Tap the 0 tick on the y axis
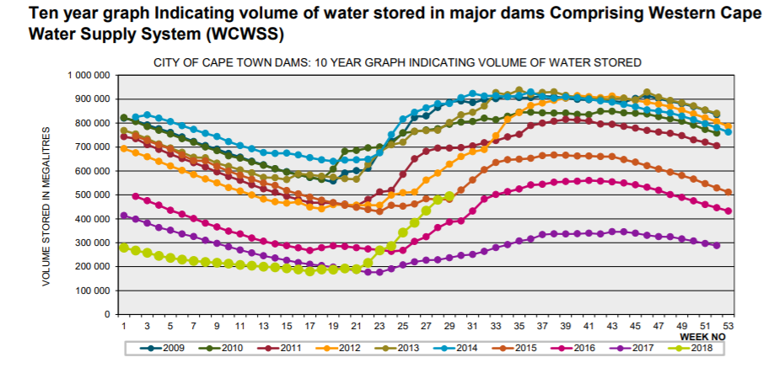(108, 314)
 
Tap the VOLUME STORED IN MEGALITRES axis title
(46, 206)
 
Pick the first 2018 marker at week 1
(124, 248)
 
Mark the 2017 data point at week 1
(124, 216)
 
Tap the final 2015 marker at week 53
(728, 192)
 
